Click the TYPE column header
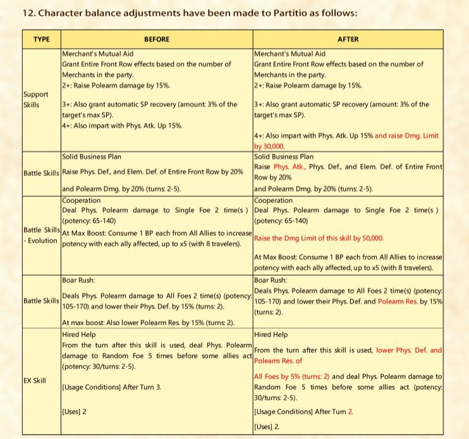41,39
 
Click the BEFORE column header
157,39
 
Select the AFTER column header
348,39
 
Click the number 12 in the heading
27,11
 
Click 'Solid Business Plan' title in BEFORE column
93,156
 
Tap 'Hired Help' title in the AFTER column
271,334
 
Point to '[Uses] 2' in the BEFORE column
74,412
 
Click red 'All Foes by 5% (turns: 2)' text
291,376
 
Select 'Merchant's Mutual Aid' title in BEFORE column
98,54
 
